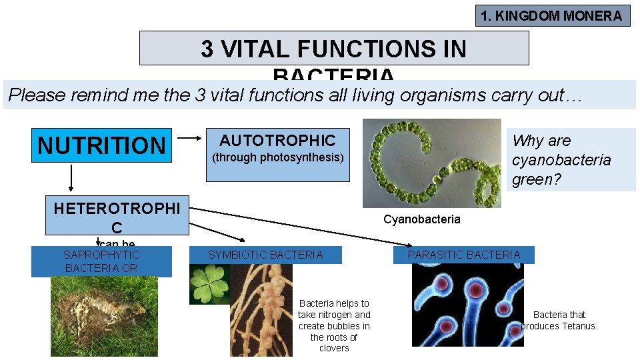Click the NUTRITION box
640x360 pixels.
click(x=102, y=145)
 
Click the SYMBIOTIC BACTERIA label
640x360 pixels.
click(x=265, y=255)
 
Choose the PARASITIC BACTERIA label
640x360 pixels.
click(x=464, y=255)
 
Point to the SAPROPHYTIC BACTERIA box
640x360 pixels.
click(x=101, y=261)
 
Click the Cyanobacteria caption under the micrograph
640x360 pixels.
click(x=421, y=219)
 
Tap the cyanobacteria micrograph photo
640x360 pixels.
click(x=431, y=163)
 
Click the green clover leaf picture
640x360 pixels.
click(x=209, y=284)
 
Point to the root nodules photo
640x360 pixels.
click(x=261, y=310)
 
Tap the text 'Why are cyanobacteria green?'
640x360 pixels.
click(x=561, y=160)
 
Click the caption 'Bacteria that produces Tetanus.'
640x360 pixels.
click(x=560, y=320)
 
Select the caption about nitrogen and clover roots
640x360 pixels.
click(x=334, y=325)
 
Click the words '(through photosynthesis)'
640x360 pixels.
click(x=277, y=158)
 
